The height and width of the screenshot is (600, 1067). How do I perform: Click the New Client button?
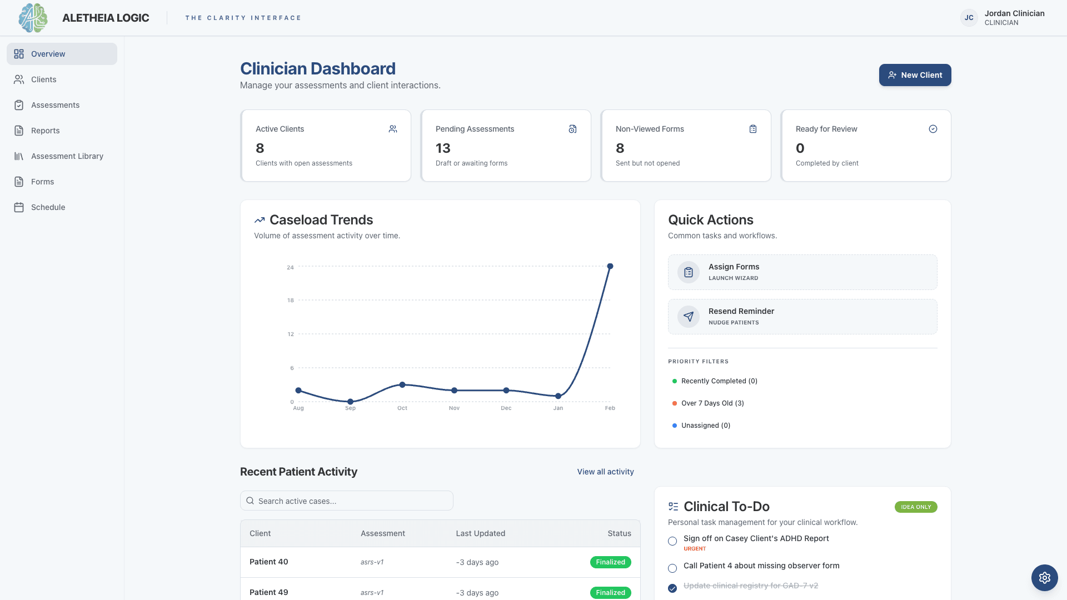915,75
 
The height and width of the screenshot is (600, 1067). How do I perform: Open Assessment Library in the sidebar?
67,156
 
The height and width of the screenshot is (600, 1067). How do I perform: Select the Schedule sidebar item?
48,207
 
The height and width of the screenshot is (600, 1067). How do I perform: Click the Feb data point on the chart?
610,267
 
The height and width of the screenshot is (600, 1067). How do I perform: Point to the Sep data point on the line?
350,401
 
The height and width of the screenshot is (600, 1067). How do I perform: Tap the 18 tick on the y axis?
290,301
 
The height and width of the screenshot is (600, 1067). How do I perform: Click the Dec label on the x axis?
506,408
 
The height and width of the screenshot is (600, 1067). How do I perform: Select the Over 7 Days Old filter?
712,403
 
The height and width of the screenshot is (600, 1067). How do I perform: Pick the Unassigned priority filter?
705,426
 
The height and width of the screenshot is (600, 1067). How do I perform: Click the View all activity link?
605,472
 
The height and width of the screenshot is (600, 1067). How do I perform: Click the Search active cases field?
347,501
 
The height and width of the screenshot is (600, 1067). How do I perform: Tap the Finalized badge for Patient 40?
610,562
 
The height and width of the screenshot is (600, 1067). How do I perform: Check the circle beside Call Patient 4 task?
672,568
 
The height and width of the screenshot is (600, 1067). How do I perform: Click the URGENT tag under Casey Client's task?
695,549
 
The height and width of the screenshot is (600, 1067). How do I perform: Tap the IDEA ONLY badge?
915,507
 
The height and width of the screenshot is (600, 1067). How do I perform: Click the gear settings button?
1044,578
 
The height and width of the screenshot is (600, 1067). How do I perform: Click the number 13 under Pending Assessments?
443,148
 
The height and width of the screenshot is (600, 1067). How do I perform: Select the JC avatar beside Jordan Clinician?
969,18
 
